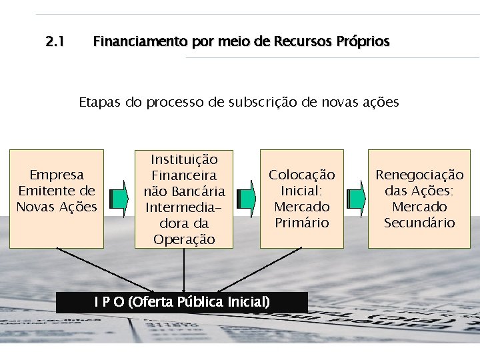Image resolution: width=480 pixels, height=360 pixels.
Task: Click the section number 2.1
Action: (55, 42)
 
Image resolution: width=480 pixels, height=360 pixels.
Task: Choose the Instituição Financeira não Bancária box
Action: (184, 199)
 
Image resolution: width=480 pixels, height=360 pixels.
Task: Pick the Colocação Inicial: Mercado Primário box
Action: (302, 199)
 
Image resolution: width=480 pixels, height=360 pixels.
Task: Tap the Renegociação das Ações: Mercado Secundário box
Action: (419, 199)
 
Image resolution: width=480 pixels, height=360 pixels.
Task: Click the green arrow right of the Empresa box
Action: (119, 199)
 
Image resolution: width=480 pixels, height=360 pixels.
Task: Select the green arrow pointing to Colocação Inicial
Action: (246, 199)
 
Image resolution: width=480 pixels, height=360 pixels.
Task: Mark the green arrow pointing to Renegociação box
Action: (357, 199)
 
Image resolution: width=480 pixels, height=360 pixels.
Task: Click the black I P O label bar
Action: (182, 302)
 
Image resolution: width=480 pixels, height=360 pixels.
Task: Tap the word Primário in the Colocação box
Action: (302, 223)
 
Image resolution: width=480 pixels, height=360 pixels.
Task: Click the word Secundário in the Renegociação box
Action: (419, 223)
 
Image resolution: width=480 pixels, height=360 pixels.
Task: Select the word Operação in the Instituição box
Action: (184, 239)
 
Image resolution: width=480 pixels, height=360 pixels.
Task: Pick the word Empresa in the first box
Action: (57, 175)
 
